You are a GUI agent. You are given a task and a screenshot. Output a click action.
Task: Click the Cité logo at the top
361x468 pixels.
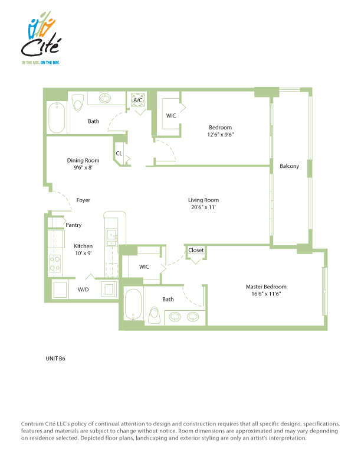pos(41,37)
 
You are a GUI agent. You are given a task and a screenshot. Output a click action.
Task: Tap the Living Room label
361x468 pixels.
pos(204,200)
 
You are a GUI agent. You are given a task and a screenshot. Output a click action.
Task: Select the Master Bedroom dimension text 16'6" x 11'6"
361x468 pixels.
pos(266,294)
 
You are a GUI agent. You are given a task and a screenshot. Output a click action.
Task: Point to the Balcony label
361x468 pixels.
pos(289,166)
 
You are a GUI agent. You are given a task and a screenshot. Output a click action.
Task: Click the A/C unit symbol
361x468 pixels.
pos(138,100)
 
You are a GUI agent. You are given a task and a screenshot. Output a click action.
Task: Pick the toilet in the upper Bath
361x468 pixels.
pos(78,102)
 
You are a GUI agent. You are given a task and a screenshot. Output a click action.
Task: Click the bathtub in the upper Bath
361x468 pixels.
pos(57,118)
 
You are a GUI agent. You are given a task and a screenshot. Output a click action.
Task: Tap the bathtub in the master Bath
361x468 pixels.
pos(133,304)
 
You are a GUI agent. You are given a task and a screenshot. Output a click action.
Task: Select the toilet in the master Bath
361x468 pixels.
pos(155,316)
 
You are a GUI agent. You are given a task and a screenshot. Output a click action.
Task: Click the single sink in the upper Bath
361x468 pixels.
pos(105,98)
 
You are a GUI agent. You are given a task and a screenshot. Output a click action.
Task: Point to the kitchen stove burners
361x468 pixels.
pos(55,264)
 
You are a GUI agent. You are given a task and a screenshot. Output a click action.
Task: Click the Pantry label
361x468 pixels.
pos(74,225)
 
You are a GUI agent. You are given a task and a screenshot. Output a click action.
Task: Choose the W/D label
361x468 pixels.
pos(83,290)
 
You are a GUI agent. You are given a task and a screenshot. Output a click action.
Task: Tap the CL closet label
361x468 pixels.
pos(119,154)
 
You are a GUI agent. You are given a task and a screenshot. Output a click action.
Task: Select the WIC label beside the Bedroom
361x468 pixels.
pos(171,115)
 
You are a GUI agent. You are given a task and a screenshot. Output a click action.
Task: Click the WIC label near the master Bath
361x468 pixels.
pos(144,267)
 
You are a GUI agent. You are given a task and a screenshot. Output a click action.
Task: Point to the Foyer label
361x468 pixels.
pos(83,200)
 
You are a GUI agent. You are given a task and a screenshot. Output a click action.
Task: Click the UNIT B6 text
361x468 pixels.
pos(55,359)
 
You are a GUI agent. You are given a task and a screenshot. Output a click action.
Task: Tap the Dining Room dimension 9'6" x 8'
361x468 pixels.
pos(83,167)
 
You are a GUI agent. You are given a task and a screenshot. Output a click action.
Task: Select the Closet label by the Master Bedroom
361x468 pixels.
pos(196,250)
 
